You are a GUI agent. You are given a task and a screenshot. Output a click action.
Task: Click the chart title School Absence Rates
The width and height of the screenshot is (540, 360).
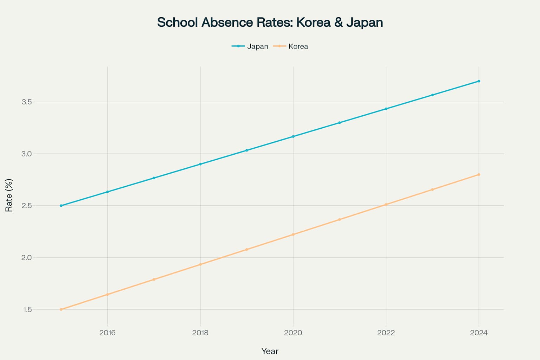[x=270, y=22]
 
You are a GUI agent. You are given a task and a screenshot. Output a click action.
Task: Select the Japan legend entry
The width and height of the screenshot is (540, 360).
[x=257, y=46]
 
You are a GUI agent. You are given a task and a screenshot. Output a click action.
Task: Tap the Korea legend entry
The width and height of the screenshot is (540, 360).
[x=298, y=46]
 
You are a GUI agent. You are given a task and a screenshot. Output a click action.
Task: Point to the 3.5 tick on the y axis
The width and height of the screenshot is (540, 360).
[x=27, y=102]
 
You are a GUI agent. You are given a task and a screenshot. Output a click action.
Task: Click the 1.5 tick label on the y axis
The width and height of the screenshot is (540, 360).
[x=27, y=310]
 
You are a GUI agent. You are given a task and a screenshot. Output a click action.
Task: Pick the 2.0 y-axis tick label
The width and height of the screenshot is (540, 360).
[x=27, y=258]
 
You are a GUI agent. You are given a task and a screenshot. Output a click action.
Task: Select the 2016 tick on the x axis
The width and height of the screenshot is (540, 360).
[x=108, y=333]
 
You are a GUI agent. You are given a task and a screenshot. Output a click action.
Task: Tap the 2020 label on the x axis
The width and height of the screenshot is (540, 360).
[x=293, y=333]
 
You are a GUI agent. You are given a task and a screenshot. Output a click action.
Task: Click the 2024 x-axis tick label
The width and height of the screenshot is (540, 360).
[x=479, y=333]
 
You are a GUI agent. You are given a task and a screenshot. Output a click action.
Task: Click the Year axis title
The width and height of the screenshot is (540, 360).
[x=270, y=351]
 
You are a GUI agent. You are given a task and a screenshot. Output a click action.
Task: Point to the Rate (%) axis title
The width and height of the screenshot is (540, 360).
[x=9, y=195]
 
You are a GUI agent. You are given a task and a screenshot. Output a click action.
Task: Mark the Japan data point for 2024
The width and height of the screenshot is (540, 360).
[x=479, y=81]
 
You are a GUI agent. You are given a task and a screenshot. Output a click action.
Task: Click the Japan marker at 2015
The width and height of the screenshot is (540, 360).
[x=61, y=206]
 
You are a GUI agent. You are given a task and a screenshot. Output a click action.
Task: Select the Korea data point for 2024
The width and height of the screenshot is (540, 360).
[x=479, y=175]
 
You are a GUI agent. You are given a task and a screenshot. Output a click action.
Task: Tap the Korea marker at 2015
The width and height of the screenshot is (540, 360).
[x=61, y=309]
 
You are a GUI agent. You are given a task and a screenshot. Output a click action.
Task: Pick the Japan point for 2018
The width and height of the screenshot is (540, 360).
[x=200, y=164]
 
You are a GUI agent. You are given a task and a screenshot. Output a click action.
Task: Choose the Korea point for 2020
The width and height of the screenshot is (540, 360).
[x=293, y=234]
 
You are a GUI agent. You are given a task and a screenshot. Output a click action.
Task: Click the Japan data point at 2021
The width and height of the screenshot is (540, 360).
[x=340, y=123]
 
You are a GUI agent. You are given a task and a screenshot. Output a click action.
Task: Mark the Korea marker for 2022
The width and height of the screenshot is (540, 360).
[x=386, y=205]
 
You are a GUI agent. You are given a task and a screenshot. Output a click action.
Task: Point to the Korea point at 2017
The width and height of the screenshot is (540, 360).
[x=154, y=279]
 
